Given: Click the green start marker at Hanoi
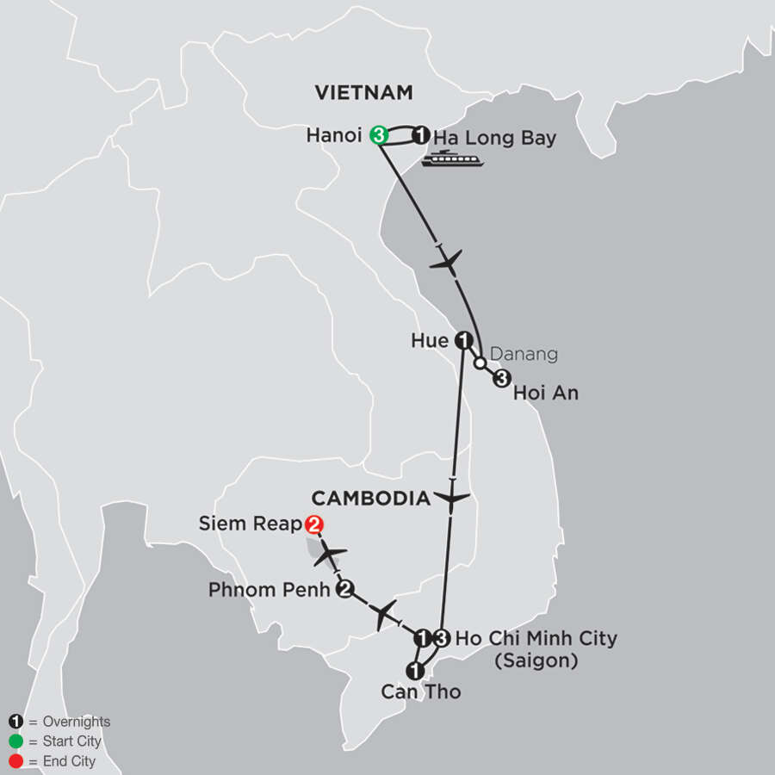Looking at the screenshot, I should [377, 135].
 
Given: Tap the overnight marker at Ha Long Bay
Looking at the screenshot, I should [421, 135].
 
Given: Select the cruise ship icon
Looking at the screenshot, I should [452, 158].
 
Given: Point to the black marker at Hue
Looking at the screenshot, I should [463, 341].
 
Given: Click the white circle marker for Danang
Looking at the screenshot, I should [480, 363].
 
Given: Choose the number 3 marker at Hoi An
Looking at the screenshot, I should [502, 379].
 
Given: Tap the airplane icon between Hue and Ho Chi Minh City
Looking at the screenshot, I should [452, 498].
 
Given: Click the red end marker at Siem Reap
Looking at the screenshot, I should [313, 524].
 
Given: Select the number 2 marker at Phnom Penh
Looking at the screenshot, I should [345, 590].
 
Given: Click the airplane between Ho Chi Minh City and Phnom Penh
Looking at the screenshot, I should [385, 615].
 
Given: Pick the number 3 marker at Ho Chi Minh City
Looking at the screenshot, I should [441, 638].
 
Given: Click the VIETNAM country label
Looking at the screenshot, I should [363, 93].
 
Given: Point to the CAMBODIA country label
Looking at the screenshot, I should [370, 499].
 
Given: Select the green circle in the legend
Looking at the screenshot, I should [17, 741].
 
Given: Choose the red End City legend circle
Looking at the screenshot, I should [17, 761].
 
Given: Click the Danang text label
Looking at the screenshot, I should [524, 354].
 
